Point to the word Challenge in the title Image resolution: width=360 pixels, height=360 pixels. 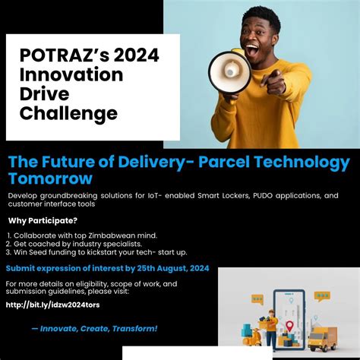(x=69, y=114)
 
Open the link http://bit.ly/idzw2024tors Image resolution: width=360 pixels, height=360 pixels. (x=52, y=305)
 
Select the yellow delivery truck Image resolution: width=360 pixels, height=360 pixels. (x=323, y=337)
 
